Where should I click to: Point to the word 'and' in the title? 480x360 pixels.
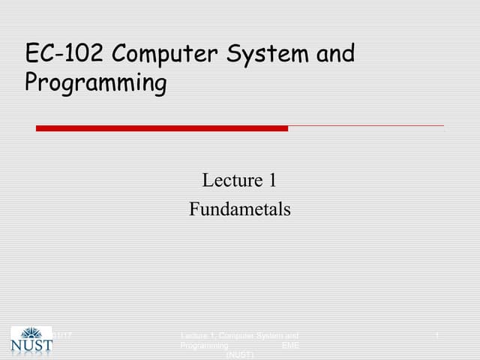coord(334,55)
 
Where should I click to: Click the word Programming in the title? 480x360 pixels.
coord(96,82)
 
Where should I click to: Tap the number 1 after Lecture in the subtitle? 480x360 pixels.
coord(273,180)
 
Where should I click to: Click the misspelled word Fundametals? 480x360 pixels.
coord(239,209)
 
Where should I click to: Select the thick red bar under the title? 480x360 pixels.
coord(161,128)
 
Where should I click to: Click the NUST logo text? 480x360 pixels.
coord(31,346)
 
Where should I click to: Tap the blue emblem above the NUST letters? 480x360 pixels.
coord(31,333)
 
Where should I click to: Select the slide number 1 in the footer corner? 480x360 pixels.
coord(436,334)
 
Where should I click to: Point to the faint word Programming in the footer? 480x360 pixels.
coord(204,346)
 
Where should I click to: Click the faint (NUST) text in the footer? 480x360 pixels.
coord(239,355)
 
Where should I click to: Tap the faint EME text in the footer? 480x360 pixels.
coord(289,346)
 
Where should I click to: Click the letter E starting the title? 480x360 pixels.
coord(31,55)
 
